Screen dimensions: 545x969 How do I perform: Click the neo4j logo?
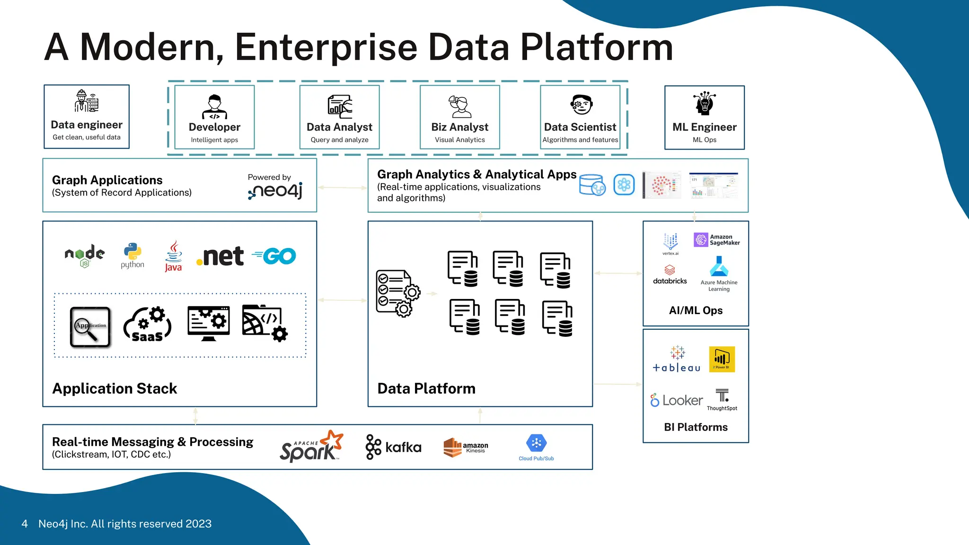276,191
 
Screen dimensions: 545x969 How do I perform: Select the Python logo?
132,255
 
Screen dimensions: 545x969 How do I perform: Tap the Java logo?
173,256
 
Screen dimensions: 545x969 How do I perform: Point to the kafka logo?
394,447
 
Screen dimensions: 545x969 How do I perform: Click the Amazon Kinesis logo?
466,447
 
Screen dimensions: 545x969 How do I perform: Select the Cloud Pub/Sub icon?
536,444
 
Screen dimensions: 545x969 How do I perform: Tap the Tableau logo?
677,360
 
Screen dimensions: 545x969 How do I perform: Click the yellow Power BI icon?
722,359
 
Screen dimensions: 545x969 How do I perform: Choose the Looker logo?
677,401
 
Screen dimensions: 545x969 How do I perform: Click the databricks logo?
669,275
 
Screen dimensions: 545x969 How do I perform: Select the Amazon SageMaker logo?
717,240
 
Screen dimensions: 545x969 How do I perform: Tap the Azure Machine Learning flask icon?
719,267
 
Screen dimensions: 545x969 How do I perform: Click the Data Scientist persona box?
580,117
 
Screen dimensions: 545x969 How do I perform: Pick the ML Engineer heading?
704,127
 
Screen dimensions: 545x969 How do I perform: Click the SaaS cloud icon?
147,325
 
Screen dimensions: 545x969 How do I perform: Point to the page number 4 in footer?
25,524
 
